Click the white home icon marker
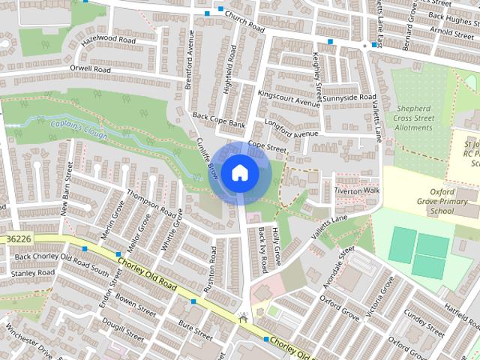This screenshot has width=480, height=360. (239, 173)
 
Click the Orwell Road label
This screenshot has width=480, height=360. (90, 70)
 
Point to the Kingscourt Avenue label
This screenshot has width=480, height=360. (289, 99)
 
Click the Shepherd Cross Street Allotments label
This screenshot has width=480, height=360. (414, 118)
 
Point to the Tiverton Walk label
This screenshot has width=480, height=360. (358, 190)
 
